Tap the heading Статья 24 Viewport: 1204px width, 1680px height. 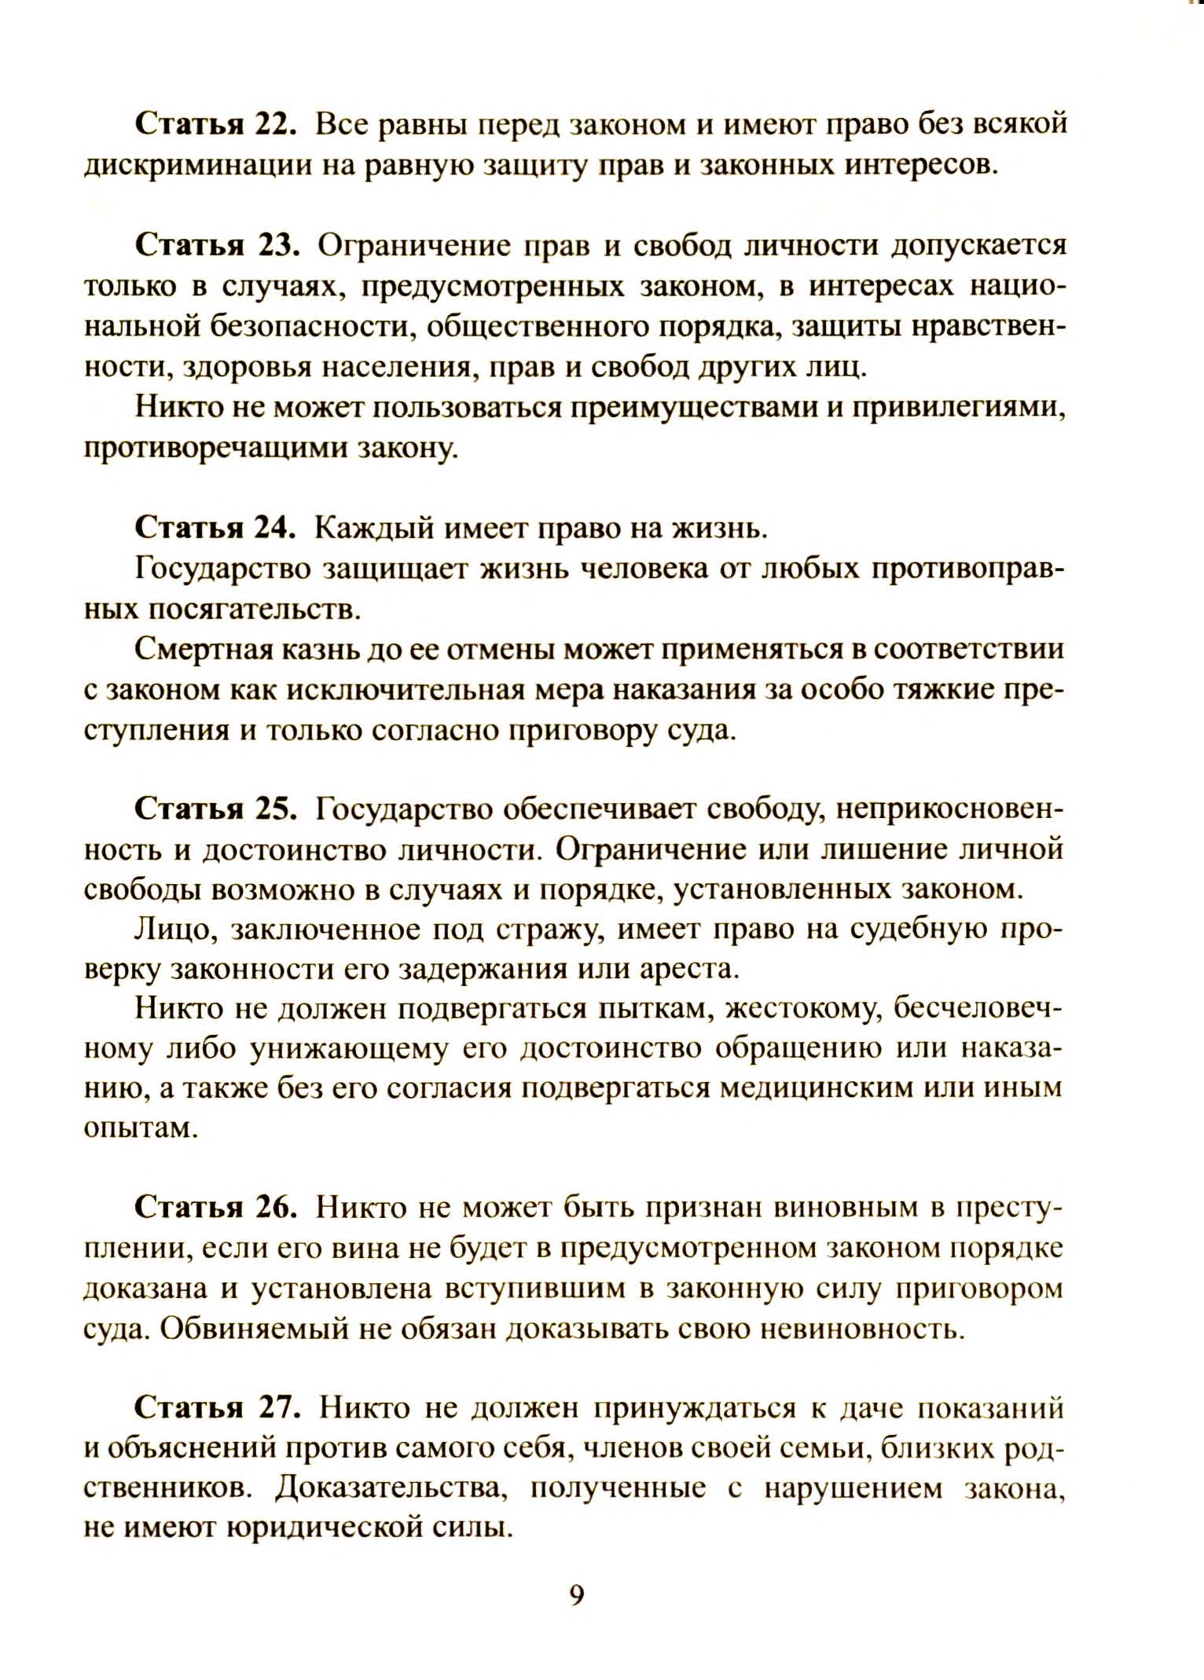click(x=215, y=528)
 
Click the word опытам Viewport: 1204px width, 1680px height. click(x=138, y=1129)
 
